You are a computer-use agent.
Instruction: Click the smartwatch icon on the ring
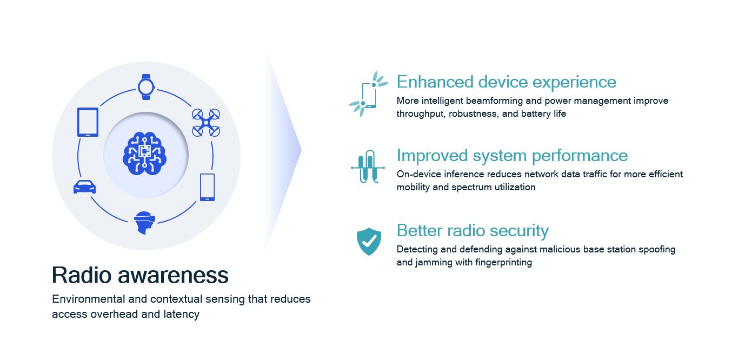pyautogui.click(x=145, y=86)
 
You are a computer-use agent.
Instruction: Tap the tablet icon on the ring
pyautogui.click(x=88, y=122)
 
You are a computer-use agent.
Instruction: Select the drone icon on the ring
pyautogui.click(x=206, y=123)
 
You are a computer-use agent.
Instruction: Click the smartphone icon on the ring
pyautogui.click(x=207, y=187)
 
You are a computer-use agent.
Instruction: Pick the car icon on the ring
pyautogui.click(x=84, y=187)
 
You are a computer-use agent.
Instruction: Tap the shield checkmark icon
pyautogui.click(x=369, y=241)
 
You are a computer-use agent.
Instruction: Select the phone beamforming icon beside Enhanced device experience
pyautogui.click(x=368, y=94)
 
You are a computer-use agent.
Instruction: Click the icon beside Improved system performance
pyautogui.click(x=368, y=167)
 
